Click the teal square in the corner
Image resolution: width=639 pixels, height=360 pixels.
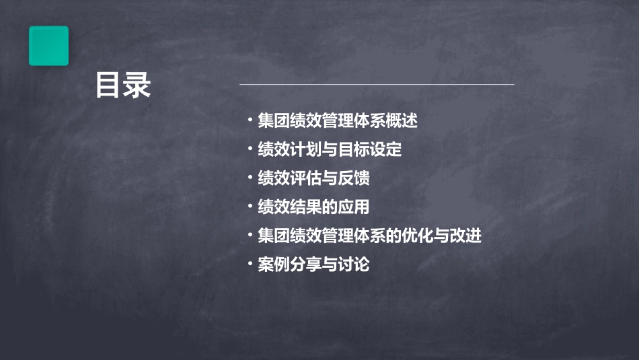[48, 46]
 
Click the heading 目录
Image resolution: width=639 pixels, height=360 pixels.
[123, 86]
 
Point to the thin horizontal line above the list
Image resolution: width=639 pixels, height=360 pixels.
[377, 84]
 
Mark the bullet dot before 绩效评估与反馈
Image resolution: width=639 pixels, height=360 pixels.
[250, 179]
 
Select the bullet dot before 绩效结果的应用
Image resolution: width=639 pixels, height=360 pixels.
[250, 207]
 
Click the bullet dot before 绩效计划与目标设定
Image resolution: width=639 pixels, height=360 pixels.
[250, 150]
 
